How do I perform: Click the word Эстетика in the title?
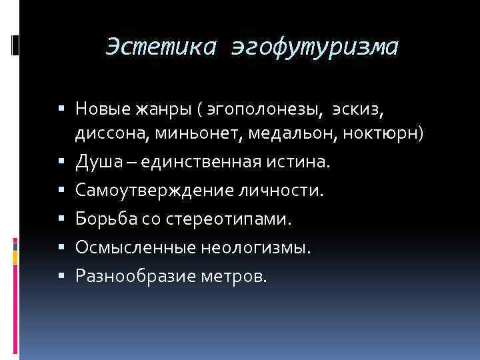[162, 47]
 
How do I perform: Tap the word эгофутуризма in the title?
[315, 47]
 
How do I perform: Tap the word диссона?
[111, 134]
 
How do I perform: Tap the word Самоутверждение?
[152, 191]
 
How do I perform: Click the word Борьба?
[101, 219]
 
